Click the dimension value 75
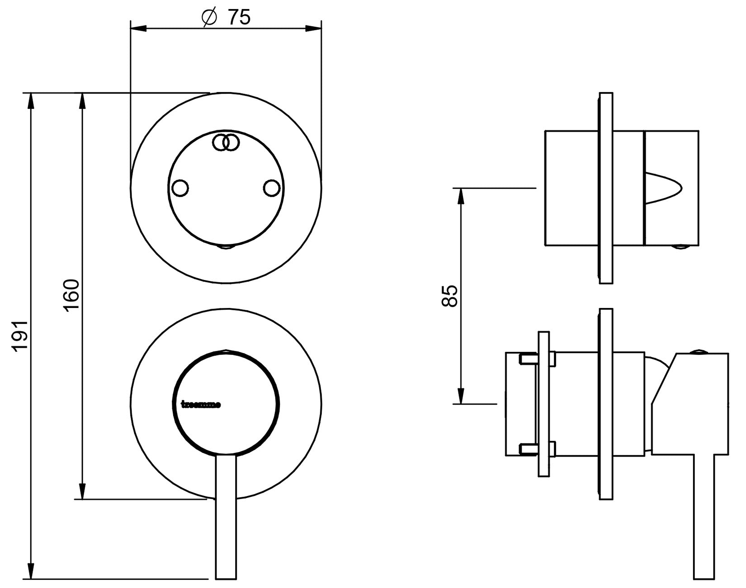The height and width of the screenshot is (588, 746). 239,17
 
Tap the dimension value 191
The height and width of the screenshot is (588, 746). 20,336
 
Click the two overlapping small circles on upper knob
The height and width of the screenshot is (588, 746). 226,142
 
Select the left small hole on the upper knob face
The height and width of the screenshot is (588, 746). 180,188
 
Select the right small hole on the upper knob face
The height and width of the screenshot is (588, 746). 272,188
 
